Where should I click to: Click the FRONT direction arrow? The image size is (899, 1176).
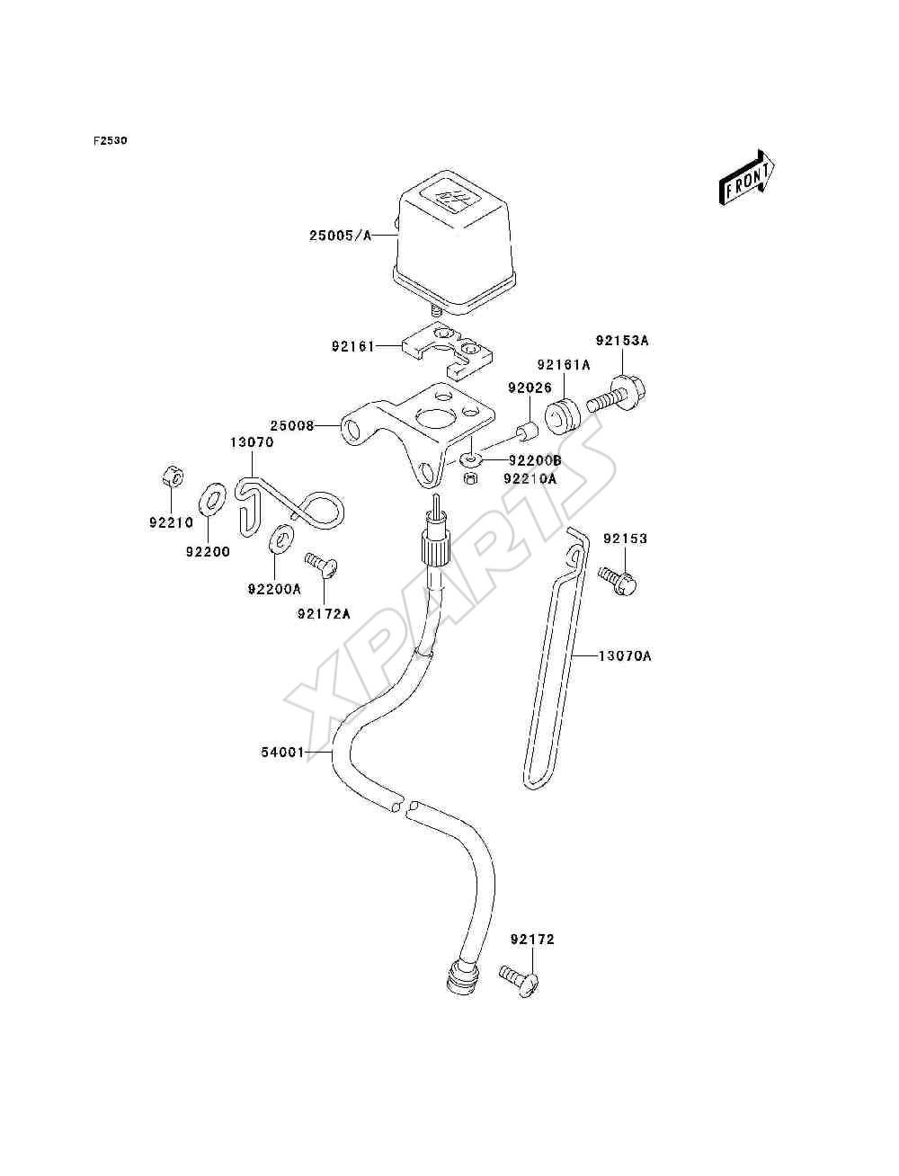pos(747,177)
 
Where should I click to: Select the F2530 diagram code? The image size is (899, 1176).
pos(111,141)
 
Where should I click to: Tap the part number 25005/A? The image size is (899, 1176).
pos(340,236)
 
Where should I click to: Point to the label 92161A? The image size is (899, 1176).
pos(564,365)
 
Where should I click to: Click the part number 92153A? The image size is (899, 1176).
pos(622,340)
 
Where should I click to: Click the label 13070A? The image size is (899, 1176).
pos(625,655)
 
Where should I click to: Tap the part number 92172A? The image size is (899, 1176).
pos(324,614)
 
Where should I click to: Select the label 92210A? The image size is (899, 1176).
pos(530,478)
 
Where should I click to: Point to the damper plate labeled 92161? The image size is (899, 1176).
pos(448,351)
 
